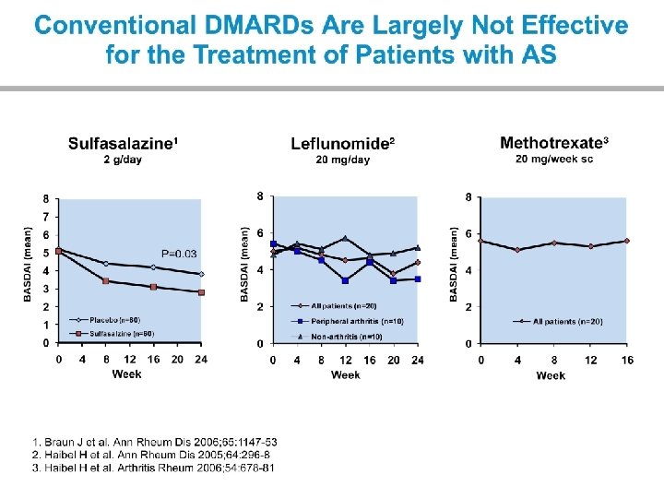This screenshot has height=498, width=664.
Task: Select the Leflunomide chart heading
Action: tap(343, 144)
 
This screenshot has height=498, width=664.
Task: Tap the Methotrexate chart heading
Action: tap(553, 143)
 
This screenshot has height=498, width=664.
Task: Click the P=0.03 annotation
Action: tap(179, 254)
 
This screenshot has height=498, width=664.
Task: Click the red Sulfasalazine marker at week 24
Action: tap(201, 292)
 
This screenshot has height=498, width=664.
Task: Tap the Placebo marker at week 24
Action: tap(201, 274)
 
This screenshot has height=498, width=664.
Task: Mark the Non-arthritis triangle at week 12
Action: tap(346, 238)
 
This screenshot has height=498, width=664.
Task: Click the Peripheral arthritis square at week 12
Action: tap(346, 280)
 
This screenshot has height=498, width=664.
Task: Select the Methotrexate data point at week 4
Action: tap(517, 250)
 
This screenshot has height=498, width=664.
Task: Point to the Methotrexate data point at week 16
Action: tap(627, 241)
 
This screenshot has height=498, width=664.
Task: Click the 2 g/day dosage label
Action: tap(123, 160)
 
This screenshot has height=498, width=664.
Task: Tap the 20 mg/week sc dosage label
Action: tap(553, 159)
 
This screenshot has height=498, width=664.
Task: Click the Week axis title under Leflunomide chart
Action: tap(346, 375)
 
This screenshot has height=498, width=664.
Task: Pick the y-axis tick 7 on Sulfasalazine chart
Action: tap(47, 216)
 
